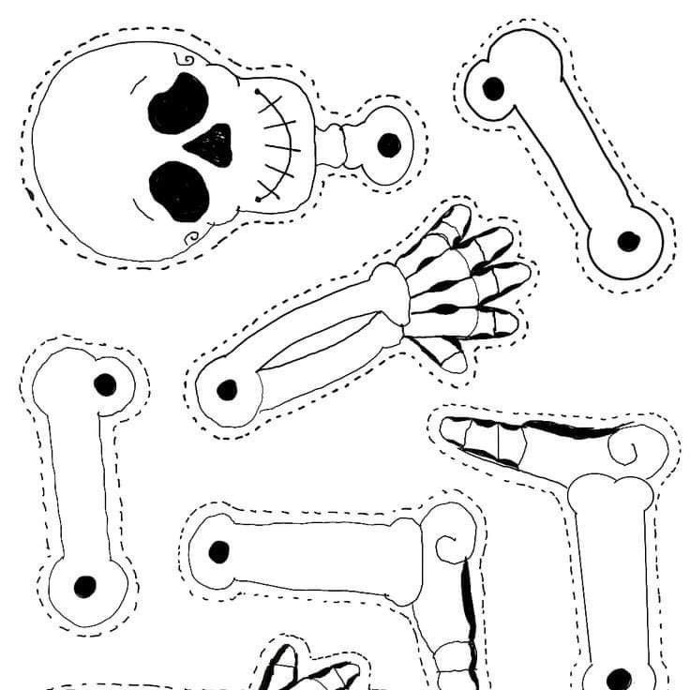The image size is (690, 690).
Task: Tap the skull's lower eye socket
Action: coord(181,190)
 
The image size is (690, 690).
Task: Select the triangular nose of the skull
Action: coord(213,144)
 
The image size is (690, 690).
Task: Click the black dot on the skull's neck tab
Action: coord(388,144)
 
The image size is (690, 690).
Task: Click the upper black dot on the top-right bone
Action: coord(493,89)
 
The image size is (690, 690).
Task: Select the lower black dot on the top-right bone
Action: coord(628,241)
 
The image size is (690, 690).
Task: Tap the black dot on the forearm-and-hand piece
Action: coord(226,389)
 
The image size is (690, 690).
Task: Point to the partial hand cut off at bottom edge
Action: coord(309,670)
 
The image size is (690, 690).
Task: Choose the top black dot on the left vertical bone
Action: coord(105,383)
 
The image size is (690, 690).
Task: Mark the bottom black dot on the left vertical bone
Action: coord(85,586)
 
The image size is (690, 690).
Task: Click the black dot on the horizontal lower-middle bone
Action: coord(220,551)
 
